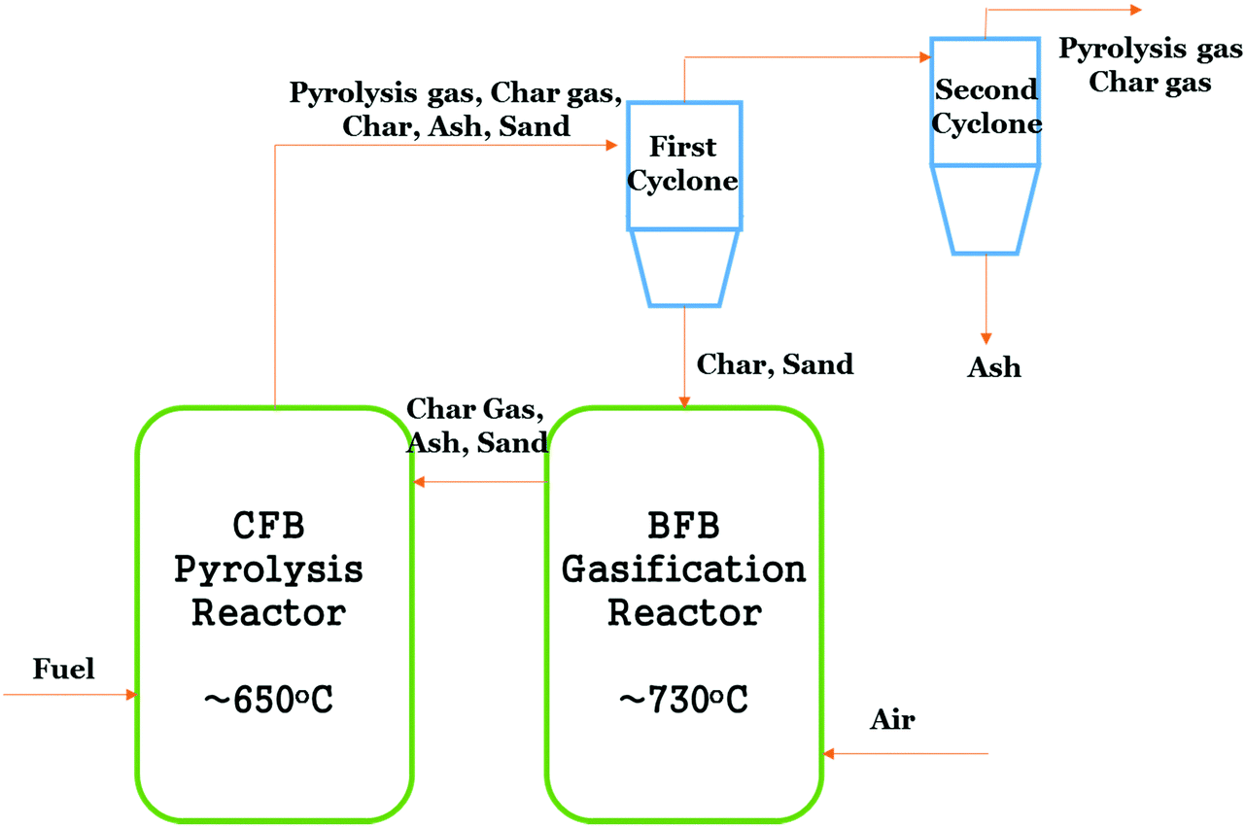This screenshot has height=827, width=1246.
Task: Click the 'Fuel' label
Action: point(64,669)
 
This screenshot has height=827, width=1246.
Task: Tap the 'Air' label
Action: point(892,720)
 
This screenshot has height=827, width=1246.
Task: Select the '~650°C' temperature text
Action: point(269,700)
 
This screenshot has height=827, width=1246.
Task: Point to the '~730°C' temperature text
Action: point(683,700)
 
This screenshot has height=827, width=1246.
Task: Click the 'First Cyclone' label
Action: point(682,164)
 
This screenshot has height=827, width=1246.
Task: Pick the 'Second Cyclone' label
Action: point(986,107)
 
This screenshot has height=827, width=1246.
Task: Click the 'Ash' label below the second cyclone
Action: point(994,367)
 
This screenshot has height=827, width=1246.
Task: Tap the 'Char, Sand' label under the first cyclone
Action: point(775,363)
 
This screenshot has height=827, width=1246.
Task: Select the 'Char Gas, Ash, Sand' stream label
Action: point(476,425)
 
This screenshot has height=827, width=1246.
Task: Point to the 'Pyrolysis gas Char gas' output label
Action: point(1150,65)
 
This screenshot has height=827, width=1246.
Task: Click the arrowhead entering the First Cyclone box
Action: point(612,146)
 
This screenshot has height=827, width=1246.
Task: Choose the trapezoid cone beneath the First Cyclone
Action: point(684,268)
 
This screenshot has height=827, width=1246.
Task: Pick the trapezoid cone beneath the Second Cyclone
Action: point(986,208)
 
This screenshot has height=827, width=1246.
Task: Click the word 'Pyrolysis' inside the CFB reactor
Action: point(269,569)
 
